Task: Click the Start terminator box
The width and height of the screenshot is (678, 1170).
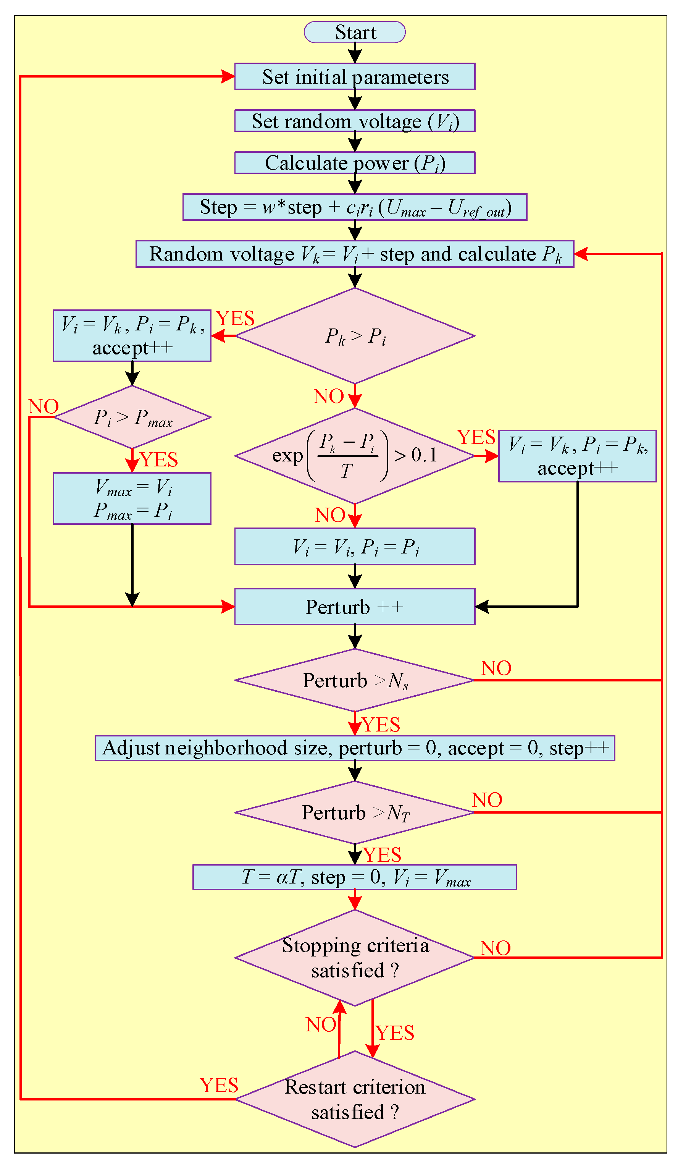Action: click(x=355, y=32)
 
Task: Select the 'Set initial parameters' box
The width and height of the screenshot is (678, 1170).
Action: click(x=355, y=77)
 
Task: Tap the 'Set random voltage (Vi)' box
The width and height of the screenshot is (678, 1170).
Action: click(x=355, y=121)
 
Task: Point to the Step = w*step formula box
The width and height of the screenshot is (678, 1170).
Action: click(x=355, y=207)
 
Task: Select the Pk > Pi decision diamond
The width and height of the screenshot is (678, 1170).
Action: click(x=355, y=336)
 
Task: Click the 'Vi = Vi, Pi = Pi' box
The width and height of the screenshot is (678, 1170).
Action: click(x=355, y=547)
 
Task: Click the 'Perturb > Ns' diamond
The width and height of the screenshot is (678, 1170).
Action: click(x=355, y=681)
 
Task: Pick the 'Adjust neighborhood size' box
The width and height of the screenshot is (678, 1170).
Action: click(x=355, y=748)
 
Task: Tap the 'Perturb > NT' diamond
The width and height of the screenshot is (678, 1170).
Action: click(x=355, y=812)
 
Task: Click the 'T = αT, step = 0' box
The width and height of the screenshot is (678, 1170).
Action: click(x=355, y=877)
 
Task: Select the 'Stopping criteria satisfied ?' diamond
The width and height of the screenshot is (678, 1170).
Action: click(x=355, y=957)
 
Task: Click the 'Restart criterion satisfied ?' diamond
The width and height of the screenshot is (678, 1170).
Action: click(x=355, y=1099)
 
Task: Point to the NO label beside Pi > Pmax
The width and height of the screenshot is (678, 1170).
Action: click(x=44, y=407)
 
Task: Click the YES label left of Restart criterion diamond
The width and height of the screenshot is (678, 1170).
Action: click(x=219, y=1086)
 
